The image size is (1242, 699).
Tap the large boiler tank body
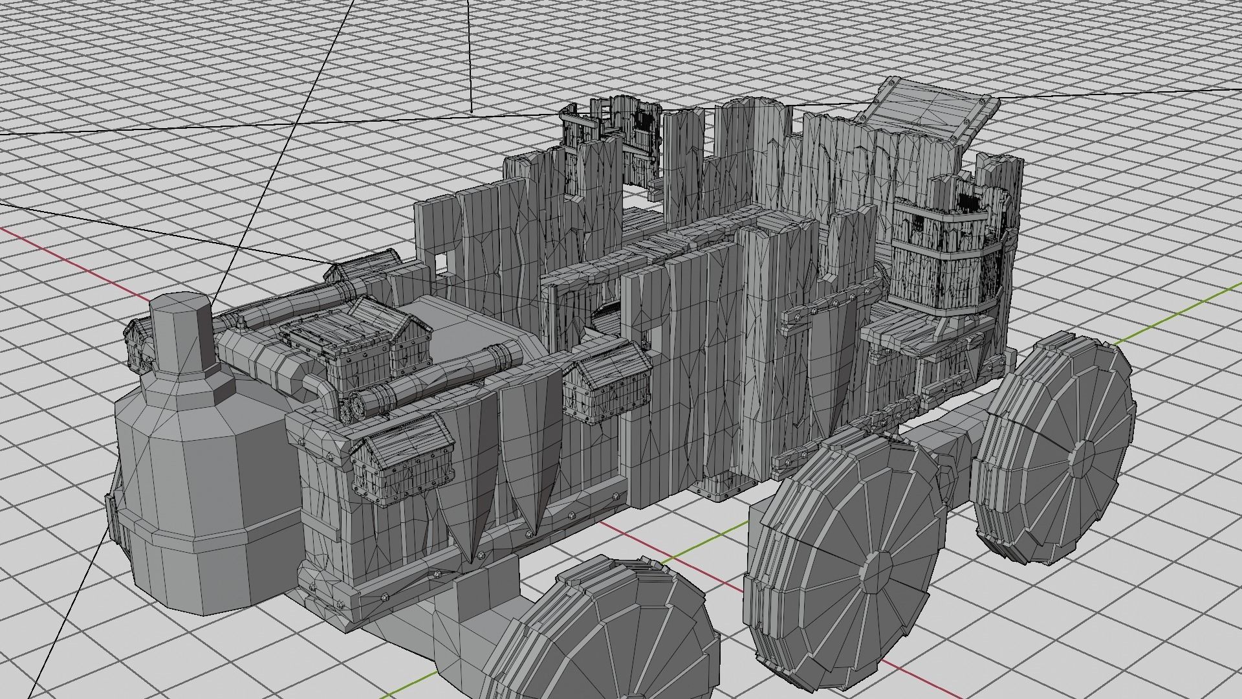[x=194, y=492]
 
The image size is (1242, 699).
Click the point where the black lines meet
[x=472, y=111]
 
